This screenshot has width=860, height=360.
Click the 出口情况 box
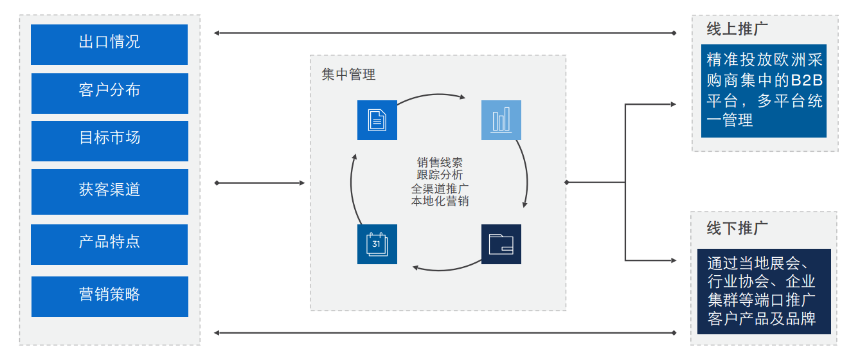[x=109, y=44]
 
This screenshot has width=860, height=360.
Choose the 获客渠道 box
[x=109, y=191]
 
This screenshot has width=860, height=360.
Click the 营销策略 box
[x=109, y=296]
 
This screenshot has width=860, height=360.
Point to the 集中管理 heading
[x=348, y=75]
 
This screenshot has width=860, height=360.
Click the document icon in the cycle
[x=377, y=120]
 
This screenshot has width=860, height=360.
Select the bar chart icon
[x=501, y=120]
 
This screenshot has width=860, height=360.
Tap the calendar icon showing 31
[x=377, y=244]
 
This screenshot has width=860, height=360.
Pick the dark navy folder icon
[x=501, y=244]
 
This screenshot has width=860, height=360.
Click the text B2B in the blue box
[x=807, y=82]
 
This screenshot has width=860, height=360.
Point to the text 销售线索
[x=440, y=163]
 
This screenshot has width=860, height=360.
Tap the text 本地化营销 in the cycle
[x=440, y=201]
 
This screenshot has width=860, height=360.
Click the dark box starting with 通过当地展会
[x=764, y=291]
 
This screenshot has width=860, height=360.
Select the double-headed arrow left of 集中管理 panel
[x=260, y=183]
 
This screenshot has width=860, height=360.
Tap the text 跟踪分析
[x=440, y=175]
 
